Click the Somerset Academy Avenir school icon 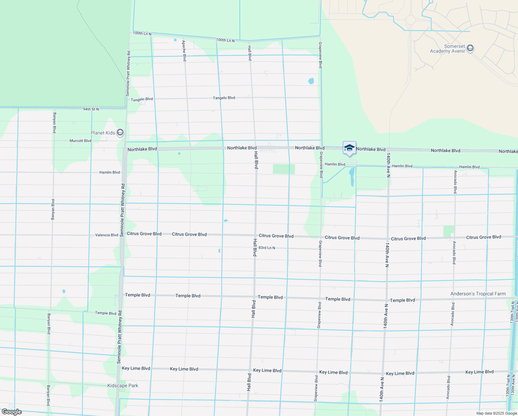tap(470, 48)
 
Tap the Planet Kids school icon tap(120, 132)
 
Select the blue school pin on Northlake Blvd tap(349, 148)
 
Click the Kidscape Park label tap(123, 385)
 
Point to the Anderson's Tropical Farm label tap(478, 294)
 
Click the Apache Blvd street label tap(184, 51)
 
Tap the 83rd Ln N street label tap(267, 248)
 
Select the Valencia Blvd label tap(107, 235)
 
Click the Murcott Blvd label tap(80, 141)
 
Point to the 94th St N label tap(91, 109)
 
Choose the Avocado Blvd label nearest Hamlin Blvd tap(455, 182)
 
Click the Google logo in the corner tap(11, 412)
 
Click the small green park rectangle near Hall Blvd tap(284, 169)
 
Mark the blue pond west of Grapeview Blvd tap(311, 81)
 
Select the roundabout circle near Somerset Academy tap(410, 20)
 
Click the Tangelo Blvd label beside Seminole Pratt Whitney tap(142, 99)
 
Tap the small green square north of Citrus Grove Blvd tap(449, 231)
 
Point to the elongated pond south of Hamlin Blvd tap(352, 177)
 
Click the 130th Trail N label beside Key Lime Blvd tap(508, 385)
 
